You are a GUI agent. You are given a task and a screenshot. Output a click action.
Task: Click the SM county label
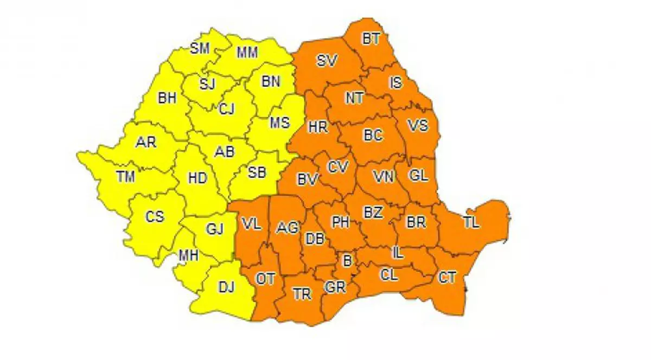(200, 48)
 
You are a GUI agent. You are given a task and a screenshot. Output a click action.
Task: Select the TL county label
(471, 222)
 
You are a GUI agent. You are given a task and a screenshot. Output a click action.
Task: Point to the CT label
(447, 278)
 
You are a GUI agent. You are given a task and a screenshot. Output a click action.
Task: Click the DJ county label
(226, 287)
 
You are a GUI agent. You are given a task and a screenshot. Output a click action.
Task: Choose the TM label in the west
(125, 176)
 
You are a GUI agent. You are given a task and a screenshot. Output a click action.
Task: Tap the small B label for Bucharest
(347, 260)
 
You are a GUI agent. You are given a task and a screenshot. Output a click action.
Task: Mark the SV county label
(327, 61)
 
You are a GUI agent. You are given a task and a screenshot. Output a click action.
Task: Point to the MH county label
(189, 255)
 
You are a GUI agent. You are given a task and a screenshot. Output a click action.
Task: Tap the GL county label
(419, 175)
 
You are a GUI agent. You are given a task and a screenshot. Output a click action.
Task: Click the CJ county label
(227, 110)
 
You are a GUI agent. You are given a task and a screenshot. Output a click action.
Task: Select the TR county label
(302, 294)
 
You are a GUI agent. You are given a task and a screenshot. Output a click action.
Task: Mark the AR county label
(146, 143)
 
